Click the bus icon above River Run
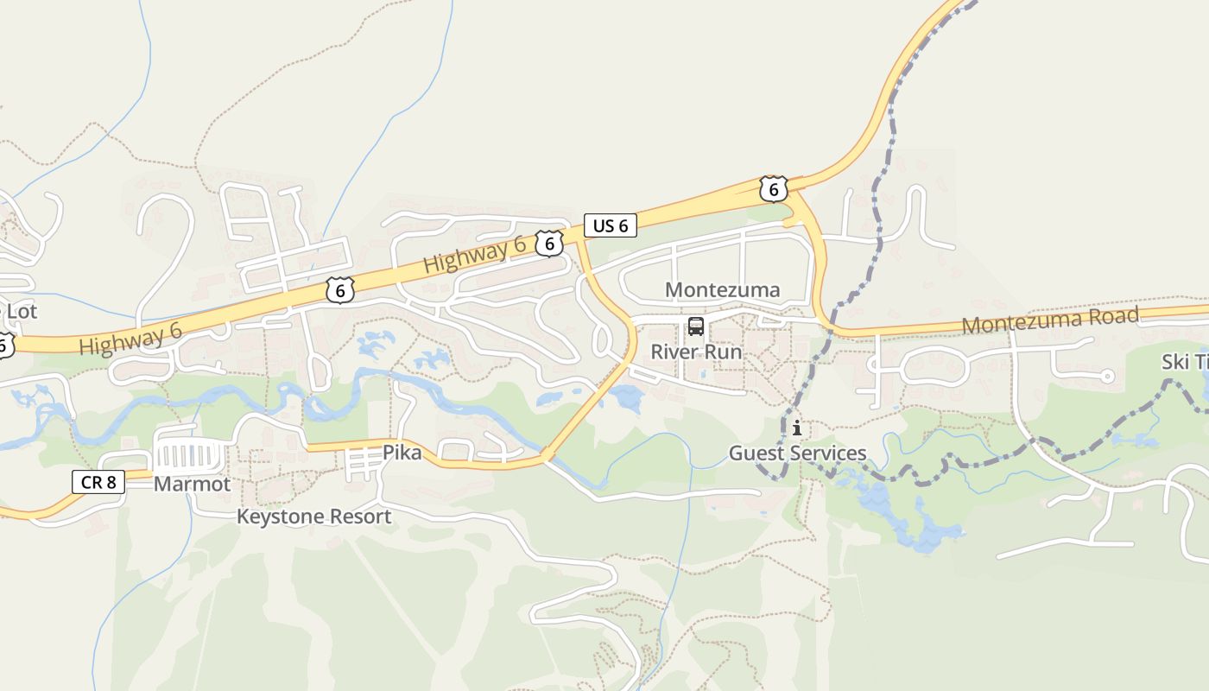(696, 326)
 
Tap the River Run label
(696, 352)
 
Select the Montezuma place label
(722, 289)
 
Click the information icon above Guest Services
(796, 428)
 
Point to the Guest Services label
(797, 453)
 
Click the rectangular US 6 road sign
(611, 226)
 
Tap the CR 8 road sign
(98, 482)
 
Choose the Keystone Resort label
(314, 517)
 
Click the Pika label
(402, 453)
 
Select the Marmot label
(192, 484)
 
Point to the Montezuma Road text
(1050, 320)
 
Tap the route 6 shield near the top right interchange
(774, 187)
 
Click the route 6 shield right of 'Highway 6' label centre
(549, 244)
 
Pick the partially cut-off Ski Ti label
(1184, 362)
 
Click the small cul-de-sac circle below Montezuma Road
(1107, 376)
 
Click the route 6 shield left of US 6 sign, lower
(340, 290)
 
